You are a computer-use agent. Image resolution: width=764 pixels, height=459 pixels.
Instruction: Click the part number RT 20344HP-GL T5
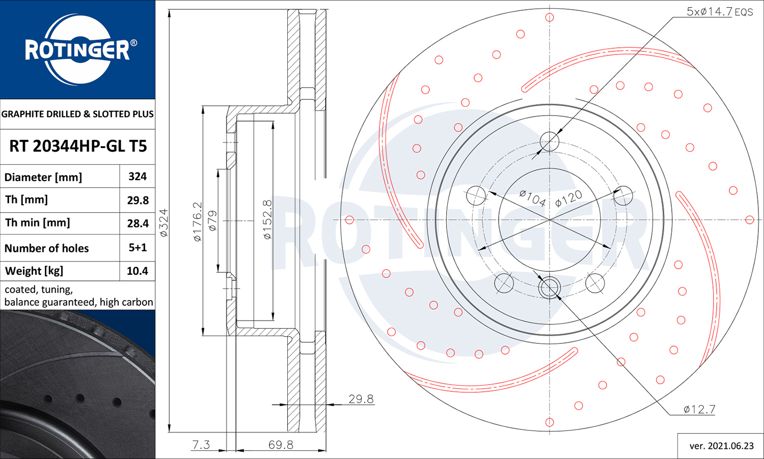pyautogui.click(x=78, y=146)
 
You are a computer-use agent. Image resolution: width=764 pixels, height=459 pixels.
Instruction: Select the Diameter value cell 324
pyautogui.click(x=138, y=176)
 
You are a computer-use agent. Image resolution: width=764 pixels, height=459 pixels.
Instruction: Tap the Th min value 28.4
pyautogui.click(x=138, y=223)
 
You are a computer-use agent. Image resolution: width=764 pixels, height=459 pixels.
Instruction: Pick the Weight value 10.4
pyautogui.click(x=138, y=271)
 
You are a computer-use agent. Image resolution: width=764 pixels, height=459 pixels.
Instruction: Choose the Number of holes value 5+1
pyautogui.click(x=138, y=247)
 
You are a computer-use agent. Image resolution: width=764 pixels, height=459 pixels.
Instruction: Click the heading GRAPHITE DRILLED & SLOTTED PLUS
pyautogui.click(x=77, y=114)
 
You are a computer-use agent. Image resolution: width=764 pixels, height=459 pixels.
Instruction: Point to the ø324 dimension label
pyautogui.click(x=163, y=223)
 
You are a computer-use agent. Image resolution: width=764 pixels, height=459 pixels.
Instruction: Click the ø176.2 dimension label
pyautogui.click(x=198, y=222)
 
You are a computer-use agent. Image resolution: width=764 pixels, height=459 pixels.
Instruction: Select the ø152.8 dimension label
pyautogui.click(x=268, y=219)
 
